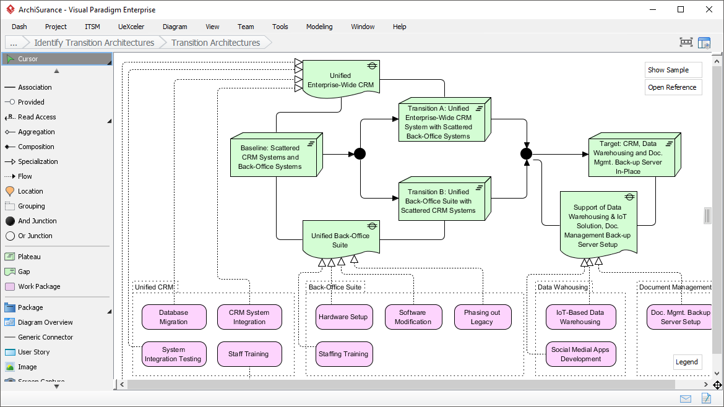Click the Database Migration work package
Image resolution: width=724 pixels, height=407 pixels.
click(x=173, y=317)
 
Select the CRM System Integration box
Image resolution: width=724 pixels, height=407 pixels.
click(x=249, y=317)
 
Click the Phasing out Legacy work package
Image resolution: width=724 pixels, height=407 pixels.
click(x=482, y=317)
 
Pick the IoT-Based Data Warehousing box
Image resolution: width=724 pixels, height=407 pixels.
click(x=580, y=317)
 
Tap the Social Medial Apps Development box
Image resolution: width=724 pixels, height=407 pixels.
click(x=580, y=354)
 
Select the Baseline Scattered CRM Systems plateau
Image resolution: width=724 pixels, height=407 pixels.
click(x=271, y=157)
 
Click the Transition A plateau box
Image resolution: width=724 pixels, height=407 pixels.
click(x=439, y=122)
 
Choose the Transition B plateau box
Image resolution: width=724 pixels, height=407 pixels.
click(x=439, y=200)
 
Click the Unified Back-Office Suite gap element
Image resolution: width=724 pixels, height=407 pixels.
click(x=340, y=239)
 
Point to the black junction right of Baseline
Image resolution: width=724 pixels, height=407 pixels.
click(x=360, y=154)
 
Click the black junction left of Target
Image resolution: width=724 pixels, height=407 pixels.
click(x=526, y=154)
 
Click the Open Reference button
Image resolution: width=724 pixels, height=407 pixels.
click(x=673, y=87)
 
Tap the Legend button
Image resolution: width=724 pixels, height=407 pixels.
click(x=687, y=362)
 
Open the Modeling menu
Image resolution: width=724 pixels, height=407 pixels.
click(x=319, y=27)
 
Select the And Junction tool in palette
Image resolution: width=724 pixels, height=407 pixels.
click(x=37, y=221)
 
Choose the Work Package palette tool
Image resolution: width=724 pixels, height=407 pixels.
click(x=38, y=286)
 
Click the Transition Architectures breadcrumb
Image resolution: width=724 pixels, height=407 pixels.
click(x=215, y=43)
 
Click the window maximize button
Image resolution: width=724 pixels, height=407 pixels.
click(x=681, y=9)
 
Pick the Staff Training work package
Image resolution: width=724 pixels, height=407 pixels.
click(x=249, y=354)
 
